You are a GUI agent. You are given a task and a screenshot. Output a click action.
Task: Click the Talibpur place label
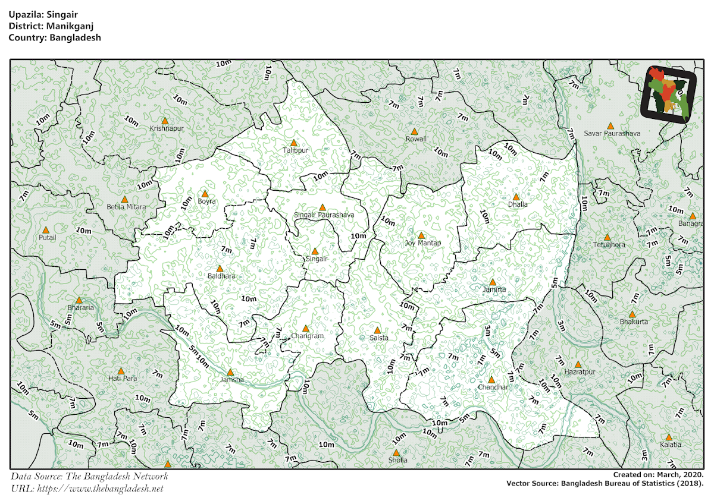(x=296, y=151)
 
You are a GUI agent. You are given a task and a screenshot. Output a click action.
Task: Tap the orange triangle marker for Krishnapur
(x=165, y=121)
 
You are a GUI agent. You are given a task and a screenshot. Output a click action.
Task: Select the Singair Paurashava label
(x=324, y=215)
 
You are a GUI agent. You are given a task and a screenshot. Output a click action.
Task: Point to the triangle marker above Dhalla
(x=516, y=197)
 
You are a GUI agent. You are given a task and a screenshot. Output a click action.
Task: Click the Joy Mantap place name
(x=423, y=243)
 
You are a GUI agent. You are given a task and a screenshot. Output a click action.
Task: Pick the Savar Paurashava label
(x=612, y=134)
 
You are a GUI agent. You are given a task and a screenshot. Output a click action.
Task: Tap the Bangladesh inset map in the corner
(x=668, y=94)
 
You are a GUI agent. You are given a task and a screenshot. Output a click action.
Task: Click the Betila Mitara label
(x=126, y=207)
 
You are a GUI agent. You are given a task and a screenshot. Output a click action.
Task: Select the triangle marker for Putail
(x=46, y=229)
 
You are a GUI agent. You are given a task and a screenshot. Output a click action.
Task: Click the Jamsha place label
(x=231, y=380)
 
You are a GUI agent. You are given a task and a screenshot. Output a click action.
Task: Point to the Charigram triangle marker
(x=306, y=328)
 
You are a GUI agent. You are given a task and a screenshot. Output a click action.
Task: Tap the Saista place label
(x=378, y=338)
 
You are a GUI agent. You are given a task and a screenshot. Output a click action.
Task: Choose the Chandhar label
(x=493, y=388)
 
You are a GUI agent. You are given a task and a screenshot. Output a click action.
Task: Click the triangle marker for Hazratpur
(x=578, y=364)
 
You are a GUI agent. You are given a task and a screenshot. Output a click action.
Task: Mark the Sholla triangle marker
(x=396, y=452)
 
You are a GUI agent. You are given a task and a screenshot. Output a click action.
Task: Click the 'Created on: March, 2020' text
(x=659, y=475)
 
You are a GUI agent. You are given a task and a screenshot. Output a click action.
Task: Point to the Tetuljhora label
(x=609, y=245)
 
